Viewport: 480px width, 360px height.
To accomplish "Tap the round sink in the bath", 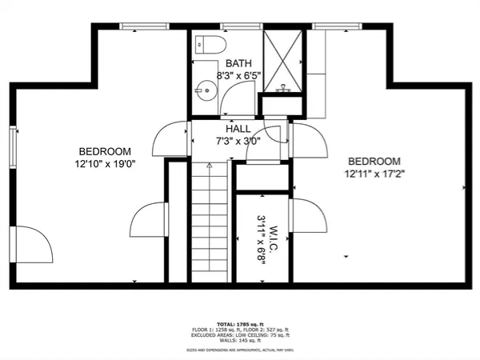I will click(206, 90).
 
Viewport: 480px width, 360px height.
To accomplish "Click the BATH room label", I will click(238, 63).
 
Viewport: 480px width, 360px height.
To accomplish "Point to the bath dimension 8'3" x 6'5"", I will click(238, 75).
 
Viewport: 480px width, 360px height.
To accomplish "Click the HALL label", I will click(238, 128).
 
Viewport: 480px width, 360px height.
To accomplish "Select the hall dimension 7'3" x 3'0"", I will click(238, 141).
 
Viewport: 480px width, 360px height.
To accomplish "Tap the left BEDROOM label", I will click(105, 151).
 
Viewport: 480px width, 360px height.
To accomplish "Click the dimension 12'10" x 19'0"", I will click(105, 165).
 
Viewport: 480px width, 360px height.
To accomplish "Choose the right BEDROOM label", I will click(373, 160).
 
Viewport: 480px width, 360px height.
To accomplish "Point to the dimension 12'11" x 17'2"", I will click(373, 173).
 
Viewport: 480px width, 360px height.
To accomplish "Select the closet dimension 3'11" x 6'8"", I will click(260, 238).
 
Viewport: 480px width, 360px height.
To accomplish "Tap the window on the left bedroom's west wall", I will click(13, 146).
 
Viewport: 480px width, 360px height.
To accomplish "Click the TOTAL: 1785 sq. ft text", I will click(239, 323).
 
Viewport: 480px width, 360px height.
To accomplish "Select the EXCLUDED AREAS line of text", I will click(239, 335).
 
